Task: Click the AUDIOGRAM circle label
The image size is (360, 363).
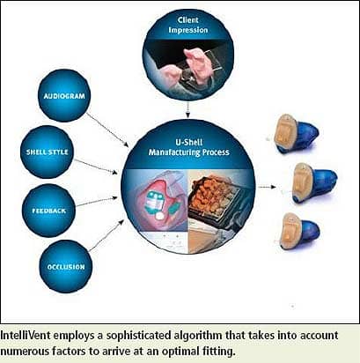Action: pos(64,96)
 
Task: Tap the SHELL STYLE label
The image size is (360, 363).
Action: pos(48,152)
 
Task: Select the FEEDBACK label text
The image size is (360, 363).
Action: pos(48,211)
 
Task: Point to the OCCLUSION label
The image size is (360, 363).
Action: pos(66,267)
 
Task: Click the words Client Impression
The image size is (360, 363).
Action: pos(188,25)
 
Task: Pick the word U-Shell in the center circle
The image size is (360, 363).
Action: pos(189,142)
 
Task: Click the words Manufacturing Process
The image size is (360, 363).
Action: pos(188,152)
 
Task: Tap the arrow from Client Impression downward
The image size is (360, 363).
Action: pos(187,110)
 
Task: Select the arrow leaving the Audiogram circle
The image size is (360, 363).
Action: pos(107,130)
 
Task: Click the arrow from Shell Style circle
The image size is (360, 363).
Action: pos(96,167)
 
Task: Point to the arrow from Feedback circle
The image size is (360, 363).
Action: pos(97,201)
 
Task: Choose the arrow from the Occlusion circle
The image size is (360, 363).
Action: pos(107,235)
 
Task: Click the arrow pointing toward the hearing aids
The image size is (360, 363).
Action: pos(267,187)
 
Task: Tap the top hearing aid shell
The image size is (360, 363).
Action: pos(295,134)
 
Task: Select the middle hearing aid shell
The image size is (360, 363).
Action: pos(314,183)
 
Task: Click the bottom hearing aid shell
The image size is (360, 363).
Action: pos(300,231)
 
